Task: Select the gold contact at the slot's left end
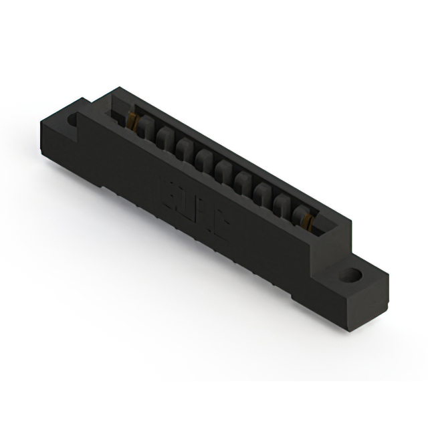click(133, 122)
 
